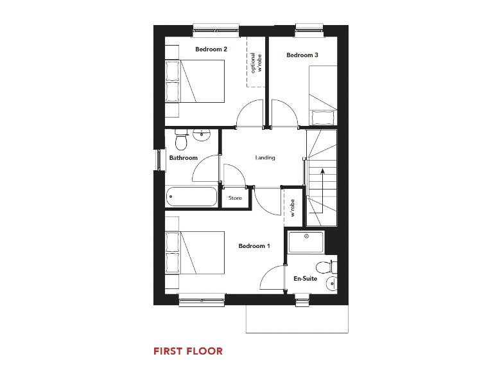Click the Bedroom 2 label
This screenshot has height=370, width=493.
(211, 49)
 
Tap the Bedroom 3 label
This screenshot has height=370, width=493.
(302, 55)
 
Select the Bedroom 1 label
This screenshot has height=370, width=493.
(254, 246)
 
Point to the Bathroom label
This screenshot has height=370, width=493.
(183, 157)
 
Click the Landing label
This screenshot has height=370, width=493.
(265, 157)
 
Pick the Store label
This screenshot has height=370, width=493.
(236, 198)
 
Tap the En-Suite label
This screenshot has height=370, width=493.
(306, 279)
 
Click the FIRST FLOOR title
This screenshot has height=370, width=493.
(188, 351)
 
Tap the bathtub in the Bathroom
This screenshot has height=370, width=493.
(191, 196)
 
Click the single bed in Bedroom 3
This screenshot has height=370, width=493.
(322, 96)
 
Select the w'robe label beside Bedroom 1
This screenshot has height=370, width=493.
(293, 208)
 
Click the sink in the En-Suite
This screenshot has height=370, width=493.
(331, 283)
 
